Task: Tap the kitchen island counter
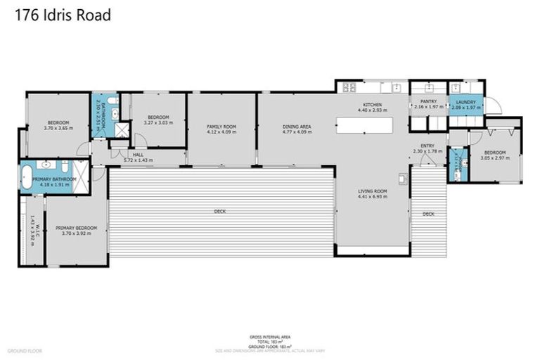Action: pos(364,127)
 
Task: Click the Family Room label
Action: pos(221,127)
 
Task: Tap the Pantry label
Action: pos(428,101)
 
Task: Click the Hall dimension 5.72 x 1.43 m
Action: pos(138,160)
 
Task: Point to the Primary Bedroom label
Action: pos(76,228)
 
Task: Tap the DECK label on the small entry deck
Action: pos(428,214)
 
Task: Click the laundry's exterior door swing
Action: pos(494,106)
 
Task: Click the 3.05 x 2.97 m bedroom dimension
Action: pos(495,157)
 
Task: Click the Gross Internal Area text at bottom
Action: pos(270,337)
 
